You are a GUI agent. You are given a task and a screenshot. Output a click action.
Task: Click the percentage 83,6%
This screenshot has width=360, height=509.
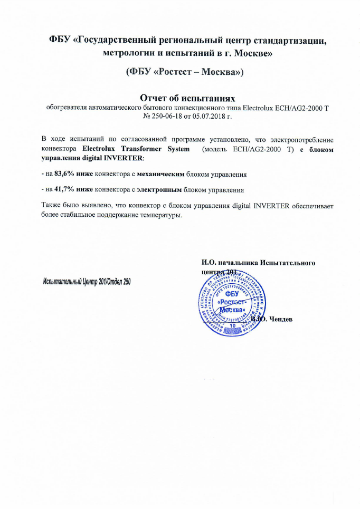tap(64, 174)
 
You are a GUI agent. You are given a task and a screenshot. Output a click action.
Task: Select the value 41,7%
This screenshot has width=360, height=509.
tap(64, 188)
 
